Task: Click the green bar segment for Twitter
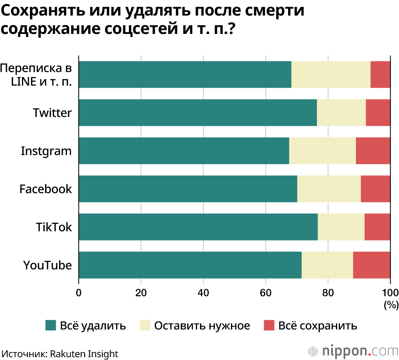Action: tap(198, 113)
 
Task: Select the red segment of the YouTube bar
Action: tap(371, 265)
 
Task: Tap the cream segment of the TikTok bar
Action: tap(341, 227)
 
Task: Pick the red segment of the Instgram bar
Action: tap(373, 151)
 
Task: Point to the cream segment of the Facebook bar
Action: tap(329, 189)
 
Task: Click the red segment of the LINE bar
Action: tap(380, 75)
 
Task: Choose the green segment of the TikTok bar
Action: tap(198, 227)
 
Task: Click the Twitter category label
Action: tap(52, 113)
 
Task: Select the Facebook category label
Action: tap(45, 189)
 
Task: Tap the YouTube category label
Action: tap(47, 265)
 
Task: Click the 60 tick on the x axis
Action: tap(266, 292)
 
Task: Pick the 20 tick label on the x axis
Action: tap(141, 292)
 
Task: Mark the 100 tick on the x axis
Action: tap(390, 292)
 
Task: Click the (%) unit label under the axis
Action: tap(391, 306)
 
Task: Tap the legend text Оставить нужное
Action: tap(202, 326)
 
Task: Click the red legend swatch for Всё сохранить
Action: tap(269, 326)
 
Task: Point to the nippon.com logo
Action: tap(353, 351)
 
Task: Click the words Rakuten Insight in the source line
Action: tap(84, 354)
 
